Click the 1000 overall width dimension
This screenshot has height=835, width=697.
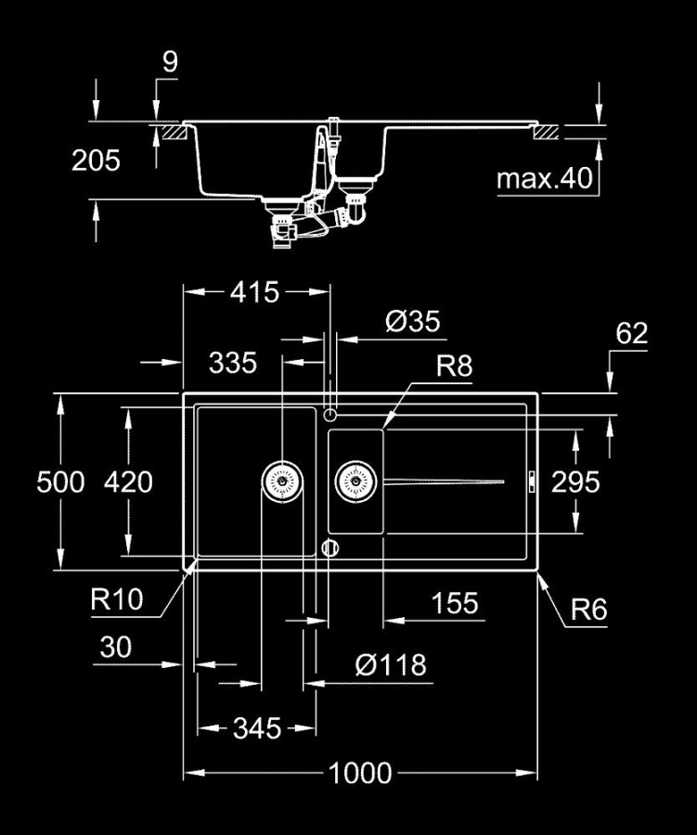359,772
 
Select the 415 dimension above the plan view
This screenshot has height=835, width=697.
254,292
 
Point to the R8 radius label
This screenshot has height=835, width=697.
455,366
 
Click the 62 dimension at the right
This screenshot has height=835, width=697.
631,334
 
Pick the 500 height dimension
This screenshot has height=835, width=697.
60,482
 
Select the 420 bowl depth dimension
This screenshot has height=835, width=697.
128,482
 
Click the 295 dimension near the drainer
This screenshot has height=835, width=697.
575,482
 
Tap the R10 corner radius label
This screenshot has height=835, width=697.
117,600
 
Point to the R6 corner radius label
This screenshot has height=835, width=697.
588,610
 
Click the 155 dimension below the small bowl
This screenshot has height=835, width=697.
455,604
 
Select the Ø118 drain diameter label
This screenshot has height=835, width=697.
391,664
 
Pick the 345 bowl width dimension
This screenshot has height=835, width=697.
256,728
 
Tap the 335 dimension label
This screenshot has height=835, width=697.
232,362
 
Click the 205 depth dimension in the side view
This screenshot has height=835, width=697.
97,161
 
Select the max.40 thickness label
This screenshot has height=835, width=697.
544,178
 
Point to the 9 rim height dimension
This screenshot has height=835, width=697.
169,63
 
